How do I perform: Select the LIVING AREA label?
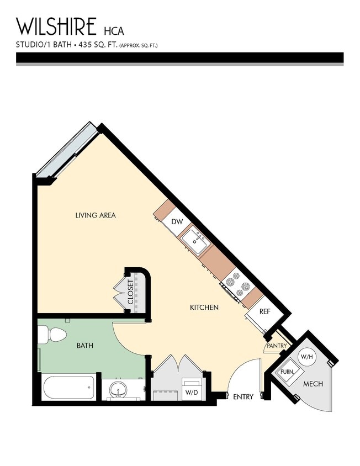coord(96,215)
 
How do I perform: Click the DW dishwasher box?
coord(177,221)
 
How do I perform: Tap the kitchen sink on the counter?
coord(195,240)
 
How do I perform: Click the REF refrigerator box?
coord(265,311)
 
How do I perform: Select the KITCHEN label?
coord(204,307)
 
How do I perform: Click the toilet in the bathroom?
coord(52,335)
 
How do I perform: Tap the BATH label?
coord(84,346)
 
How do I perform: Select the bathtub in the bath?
coord(69,387)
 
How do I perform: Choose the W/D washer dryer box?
coord(192,393)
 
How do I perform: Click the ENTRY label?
coord(243,397)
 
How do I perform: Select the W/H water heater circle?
coord(306,357)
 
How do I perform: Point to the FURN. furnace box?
coord(287,372)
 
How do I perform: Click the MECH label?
coord(313,384)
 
